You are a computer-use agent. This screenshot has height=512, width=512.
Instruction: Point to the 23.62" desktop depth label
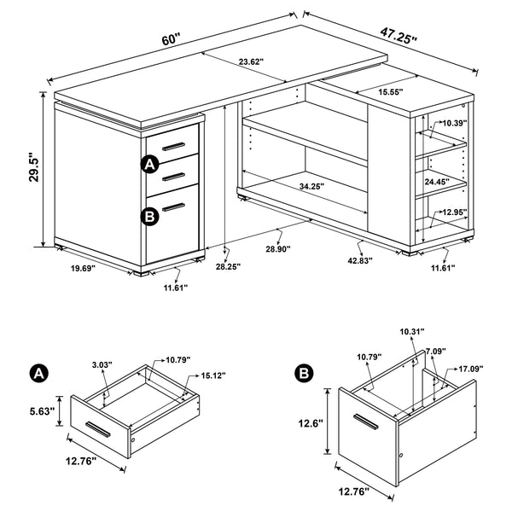(251, 61)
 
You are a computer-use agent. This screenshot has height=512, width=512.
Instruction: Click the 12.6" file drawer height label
(311, 422)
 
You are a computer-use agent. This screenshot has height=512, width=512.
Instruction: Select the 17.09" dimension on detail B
(470, 369)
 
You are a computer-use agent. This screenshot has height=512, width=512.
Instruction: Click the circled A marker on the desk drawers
(150, 164)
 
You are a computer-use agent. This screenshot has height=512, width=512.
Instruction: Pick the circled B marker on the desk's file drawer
(150, 216)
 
